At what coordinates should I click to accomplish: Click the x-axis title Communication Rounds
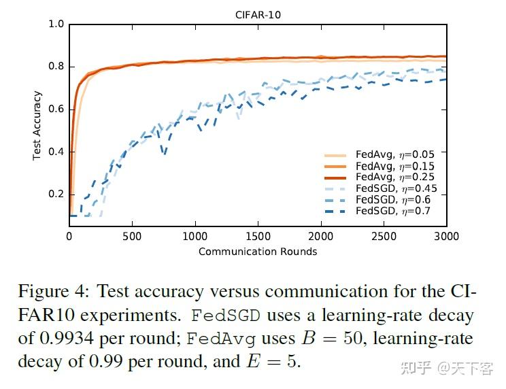[258, 252]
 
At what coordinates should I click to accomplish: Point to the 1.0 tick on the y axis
[56, 24]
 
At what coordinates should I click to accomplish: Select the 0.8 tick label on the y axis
[56, 67]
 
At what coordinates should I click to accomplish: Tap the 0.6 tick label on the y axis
[56, 109]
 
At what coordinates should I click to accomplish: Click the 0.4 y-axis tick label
[56, 152]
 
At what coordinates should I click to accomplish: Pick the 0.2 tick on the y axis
[56, 194]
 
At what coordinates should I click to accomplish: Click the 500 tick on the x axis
[132, 237]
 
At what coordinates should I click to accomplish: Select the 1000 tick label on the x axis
[195, 237]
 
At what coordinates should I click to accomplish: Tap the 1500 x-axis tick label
[258, 237]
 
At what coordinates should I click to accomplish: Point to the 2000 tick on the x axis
[321, 237]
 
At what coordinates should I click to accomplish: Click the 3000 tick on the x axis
[446, 237]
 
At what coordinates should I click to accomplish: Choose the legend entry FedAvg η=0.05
[395, 154]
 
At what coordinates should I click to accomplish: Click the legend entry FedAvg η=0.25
[395, 177]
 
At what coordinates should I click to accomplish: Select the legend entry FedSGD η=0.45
[395, 188]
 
